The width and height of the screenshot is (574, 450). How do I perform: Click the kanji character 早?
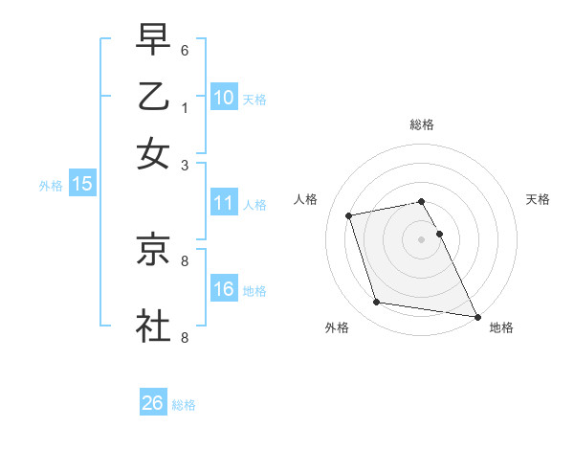coord(153,39)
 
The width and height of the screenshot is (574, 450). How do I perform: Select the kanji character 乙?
coord(153,97)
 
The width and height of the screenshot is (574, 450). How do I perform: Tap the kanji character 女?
coord(153,154)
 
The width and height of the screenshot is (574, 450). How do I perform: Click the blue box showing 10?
coord(224,98)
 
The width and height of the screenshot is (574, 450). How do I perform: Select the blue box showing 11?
coord(224,203)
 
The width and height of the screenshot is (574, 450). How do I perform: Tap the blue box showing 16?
coord(224,289)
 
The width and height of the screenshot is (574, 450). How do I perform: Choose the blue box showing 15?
coord(82,184)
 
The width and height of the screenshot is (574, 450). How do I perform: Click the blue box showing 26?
coord(153,403)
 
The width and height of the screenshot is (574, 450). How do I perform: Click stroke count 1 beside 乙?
coord(185,107)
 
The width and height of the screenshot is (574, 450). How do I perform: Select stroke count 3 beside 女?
coord(185,165)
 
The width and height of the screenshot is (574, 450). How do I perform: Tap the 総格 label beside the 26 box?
coord(184,405)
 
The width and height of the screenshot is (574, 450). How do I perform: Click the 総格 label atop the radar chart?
coord(422,124)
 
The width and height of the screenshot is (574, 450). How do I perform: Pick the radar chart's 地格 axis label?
coord(501,328)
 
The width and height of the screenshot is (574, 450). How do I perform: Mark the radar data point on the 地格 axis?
coord(476,316)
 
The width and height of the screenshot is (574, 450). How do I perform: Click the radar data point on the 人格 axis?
coord(349,214)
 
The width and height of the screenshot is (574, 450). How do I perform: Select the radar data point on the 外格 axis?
coord(377,303)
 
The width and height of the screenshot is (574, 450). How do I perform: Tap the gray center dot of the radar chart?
coord(422,239)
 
